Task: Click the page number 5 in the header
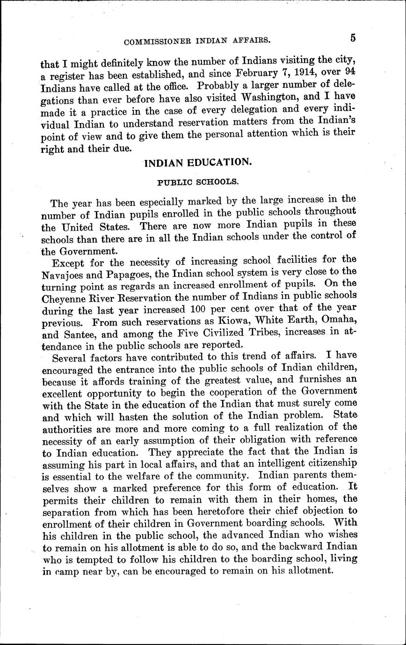352,38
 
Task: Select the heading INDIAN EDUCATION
198,163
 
